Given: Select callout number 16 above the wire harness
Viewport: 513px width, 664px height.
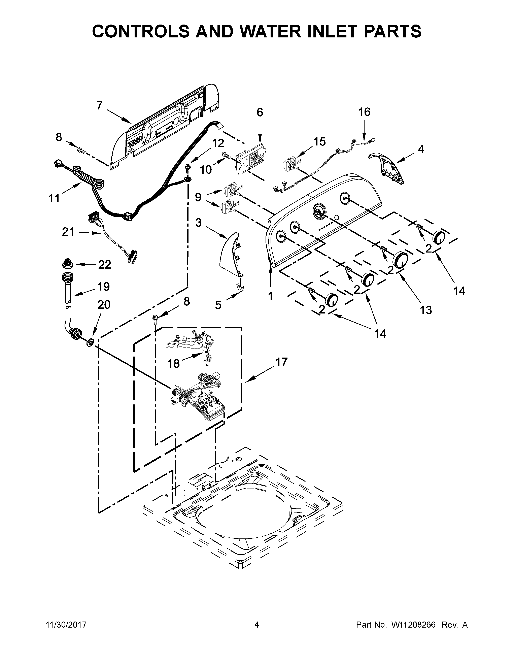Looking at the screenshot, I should (x=364, y=112).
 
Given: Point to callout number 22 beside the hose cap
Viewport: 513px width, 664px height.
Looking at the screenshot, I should (x=105, y=265).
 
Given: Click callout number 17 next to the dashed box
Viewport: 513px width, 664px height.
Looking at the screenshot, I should (x=282, y=362).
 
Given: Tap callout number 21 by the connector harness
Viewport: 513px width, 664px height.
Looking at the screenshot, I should (x=68, y=232).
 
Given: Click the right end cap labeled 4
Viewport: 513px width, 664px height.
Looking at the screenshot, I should (x=389, y=169).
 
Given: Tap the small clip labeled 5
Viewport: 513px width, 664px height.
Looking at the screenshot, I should (x=241, y=287).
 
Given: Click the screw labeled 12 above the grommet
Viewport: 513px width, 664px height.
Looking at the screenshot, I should (x=187, y=168).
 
